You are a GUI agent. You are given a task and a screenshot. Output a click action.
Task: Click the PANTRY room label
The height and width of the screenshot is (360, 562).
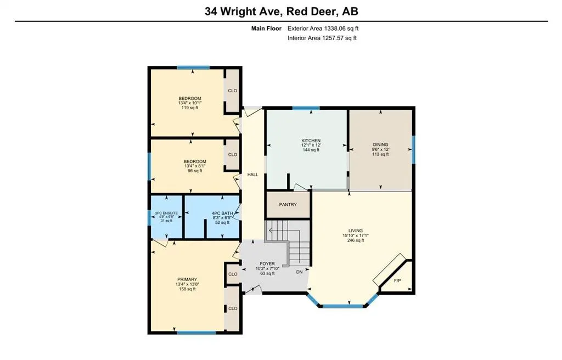[288, 205]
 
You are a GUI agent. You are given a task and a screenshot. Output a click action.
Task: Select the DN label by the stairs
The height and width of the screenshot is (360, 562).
[299, 272]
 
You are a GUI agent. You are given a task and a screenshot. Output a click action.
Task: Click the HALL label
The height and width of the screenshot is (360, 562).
[252, 175]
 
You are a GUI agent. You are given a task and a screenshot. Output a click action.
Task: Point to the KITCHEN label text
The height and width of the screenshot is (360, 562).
[311, 140]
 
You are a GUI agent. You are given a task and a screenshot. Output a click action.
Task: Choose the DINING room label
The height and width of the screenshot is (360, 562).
[380, 145]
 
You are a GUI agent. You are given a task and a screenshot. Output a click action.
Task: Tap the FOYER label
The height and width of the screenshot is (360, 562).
[267, 263]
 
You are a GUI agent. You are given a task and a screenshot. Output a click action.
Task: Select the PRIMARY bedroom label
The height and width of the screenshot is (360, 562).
[186, 279]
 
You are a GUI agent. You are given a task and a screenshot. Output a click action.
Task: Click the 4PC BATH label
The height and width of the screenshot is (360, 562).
[223, 213]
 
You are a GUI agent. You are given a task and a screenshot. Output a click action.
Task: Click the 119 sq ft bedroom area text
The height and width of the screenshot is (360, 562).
[189, 108]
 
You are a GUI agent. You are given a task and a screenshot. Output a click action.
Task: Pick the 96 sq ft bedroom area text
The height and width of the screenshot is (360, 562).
[194, 171]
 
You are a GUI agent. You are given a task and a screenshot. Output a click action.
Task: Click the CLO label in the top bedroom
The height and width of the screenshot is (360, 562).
[232, 91]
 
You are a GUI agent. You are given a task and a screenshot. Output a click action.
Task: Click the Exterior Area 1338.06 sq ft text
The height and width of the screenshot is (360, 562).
[323, 29]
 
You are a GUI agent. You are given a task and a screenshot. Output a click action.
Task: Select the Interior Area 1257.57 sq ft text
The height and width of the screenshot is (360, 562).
[322, 38]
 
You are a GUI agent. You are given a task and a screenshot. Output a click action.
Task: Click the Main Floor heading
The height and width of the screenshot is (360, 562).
[266, 29]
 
